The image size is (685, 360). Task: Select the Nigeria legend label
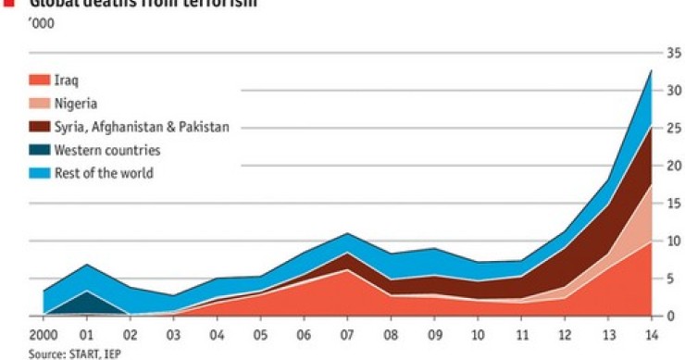[x=76, y=104]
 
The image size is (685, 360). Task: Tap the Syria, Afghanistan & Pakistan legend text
[x=141, y=127]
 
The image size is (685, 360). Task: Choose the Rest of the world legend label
[x=103, y=173]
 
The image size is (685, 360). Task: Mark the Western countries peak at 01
[x=86, y=292]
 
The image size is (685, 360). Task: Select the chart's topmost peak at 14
[x=652, y=70]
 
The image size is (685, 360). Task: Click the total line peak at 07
[x=346, y=233]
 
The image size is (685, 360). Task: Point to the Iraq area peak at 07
[x=346, y=270]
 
